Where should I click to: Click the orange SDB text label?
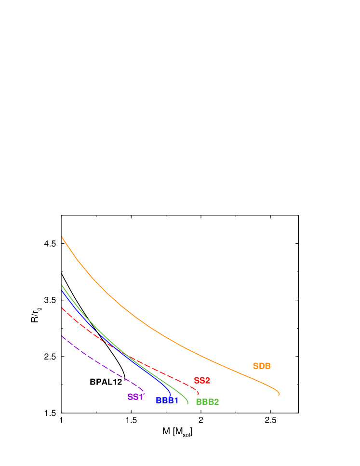[262, 366]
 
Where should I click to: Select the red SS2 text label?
[202, 381]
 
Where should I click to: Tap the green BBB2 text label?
[207, 402]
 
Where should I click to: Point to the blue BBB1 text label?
[167, 400]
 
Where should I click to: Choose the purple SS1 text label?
[135, 397]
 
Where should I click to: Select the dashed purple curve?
[101, 364]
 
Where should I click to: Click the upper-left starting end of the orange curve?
[62, 236]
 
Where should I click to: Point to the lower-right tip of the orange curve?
[279, 395]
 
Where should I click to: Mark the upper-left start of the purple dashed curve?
[62, 336]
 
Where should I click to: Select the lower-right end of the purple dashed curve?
[143, 391]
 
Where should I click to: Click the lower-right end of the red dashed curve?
[199, 395]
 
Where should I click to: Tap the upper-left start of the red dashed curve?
[62, 307]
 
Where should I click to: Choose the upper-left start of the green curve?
[62, 284]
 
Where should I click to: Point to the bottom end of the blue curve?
[171, 395]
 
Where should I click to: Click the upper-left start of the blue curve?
[62, 290]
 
